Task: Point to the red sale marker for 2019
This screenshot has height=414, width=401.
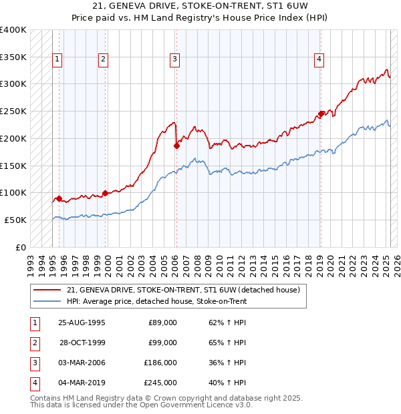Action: click(x=321, y=114)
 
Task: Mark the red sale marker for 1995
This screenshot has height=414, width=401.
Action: click(x=59, y=198)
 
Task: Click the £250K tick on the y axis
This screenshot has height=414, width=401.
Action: click(x=13, y=111)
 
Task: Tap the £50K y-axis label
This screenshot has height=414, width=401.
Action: click(x=15, y=220)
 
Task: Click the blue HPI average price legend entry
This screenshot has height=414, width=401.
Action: click(x=156, y=301)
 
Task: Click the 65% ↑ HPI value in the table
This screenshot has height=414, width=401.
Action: click(x=227, y=343)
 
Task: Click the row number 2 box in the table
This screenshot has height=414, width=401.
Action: click(x=34, y=343)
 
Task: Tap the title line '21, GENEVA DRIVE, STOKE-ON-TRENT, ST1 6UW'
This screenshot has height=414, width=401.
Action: click(x=200, y=7)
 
